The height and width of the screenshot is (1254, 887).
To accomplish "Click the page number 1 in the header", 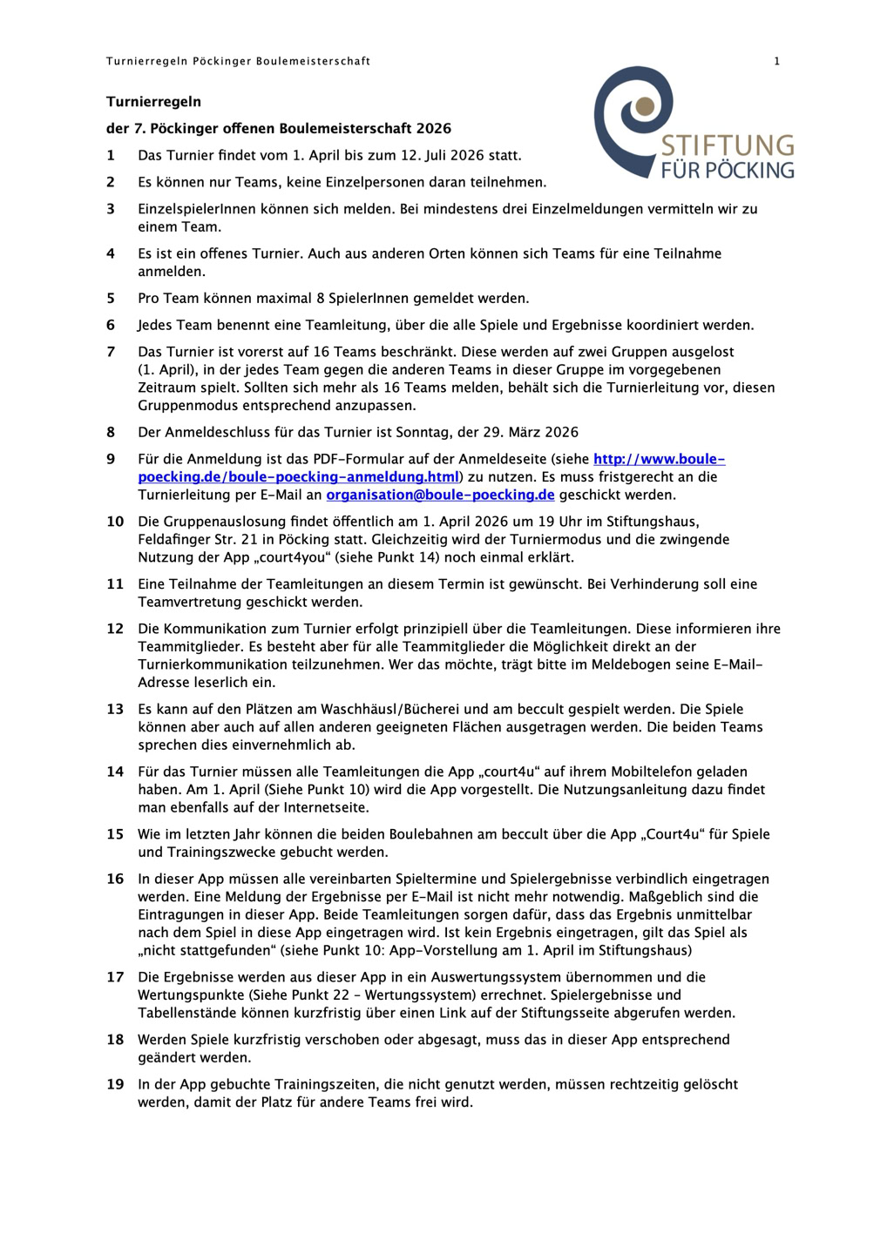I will [777, 61].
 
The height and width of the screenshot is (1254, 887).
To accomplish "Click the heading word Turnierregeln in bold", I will [153, 102].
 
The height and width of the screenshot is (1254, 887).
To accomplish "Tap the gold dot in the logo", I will [645, 106].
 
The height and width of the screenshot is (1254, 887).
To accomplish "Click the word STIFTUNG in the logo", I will [728, 145].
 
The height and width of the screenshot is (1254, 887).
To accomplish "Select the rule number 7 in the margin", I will [111, 352].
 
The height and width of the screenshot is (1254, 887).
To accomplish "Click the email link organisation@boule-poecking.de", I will [440, 495].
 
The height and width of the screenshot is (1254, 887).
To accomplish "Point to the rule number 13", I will [115, 709].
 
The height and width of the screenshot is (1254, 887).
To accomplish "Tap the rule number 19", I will [115, 1084].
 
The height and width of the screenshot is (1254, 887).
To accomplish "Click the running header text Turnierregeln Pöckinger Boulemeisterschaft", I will [238, 61].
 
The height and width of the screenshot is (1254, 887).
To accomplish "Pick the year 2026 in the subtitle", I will [433, 129].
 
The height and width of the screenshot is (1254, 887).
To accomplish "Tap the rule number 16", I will [115, 879].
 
